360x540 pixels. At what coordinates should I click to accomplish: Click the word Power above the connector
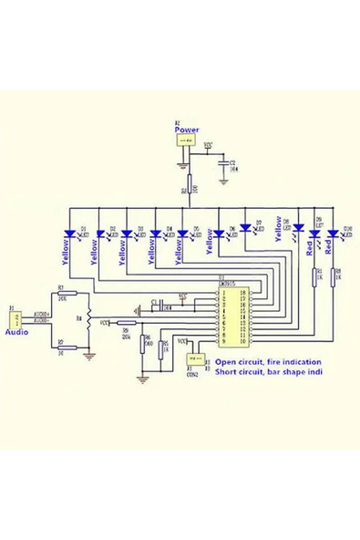187,130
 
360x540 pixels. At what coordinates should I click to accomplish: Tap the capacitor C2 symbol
223,163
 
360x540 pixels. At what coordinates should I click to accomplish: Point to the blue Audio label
17,334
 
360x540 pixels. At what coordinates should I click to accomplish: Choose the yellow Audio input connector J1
15,320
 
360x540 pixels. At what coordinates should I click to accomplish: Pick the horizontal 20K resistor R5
127,322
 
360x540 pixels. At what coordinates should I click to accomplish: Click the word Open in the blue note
225,362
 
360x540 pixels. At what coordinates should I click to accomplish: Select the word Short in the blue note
226,373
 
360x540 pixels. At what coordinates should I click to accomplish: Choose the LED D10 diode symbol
333,234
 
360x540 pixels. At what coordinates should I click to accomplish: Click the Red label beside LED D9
311,248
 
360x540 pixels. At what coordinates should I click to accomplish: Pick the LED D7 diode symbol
245,228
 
